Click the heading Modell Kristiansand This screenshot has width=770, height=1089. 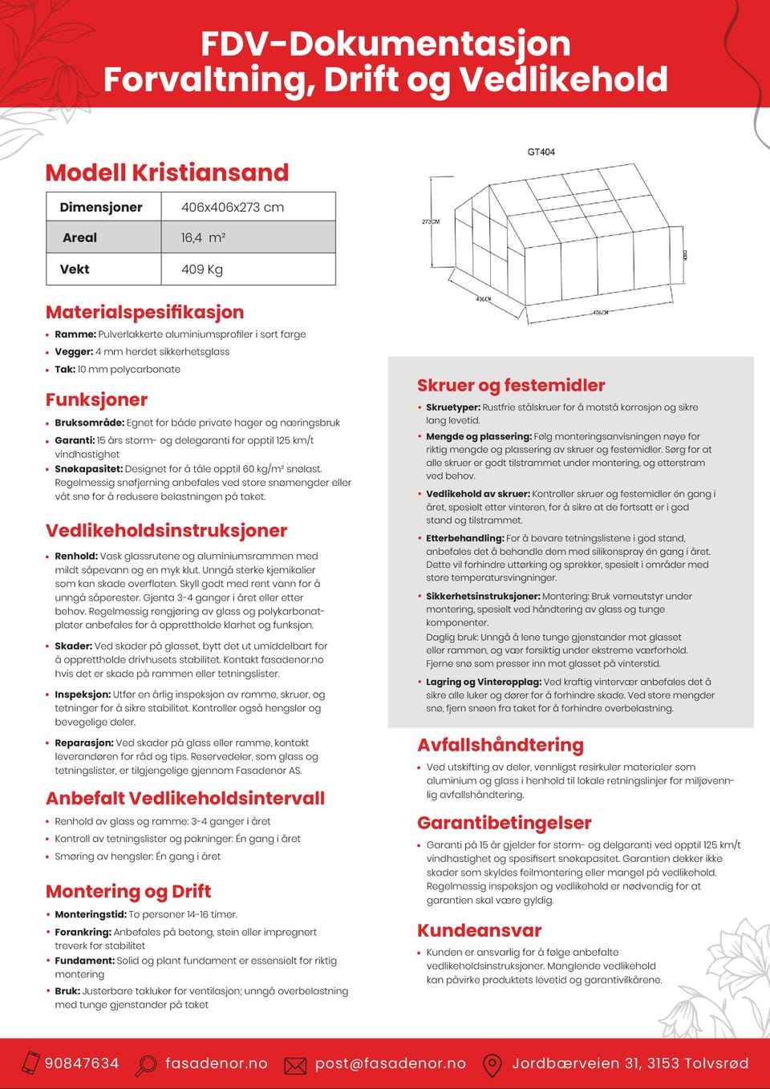point(167,172)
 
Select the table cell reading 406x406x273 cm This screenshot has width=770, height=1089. point(233,207)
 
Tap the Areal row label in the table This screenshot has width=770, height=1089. point(79,237)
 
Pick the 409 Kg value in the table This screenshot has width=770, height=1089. point(202,269)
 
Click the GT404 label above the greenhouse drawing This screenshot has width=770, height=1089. point(541,152)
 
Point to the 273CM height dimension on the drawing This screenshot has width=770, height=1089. point(431,221)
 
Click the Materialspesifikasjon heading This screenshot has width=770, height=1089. point(144,312)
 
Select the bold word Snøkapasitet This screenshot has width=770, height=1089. point(88,469)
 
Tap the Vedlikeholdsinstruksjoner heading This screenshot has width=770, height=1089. point(166,530)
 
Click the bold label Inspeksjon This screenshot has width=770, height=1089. point(82,694)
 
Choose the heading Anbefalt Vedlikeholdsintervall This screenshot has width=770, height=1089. point(185,798)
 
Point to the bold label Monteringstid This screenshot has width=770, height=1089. point(91,914)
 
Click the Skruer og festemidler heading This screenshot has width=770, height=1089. point(511,385)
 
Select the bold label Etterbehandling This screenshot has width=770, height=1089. point(465,538)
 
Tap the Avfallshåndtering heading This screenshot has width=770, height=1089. point(500,745)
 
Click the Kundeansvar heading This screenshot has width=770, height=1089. point(480,930)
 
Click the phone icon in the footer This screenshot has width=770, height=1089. point(30,1063)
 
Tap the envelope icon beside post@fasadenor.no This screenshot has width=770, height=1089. point(295,1065)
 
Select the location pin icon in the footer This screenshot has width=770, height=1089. point(492,1065)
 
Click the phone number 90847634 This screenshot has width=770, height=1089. point(82,1063)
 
